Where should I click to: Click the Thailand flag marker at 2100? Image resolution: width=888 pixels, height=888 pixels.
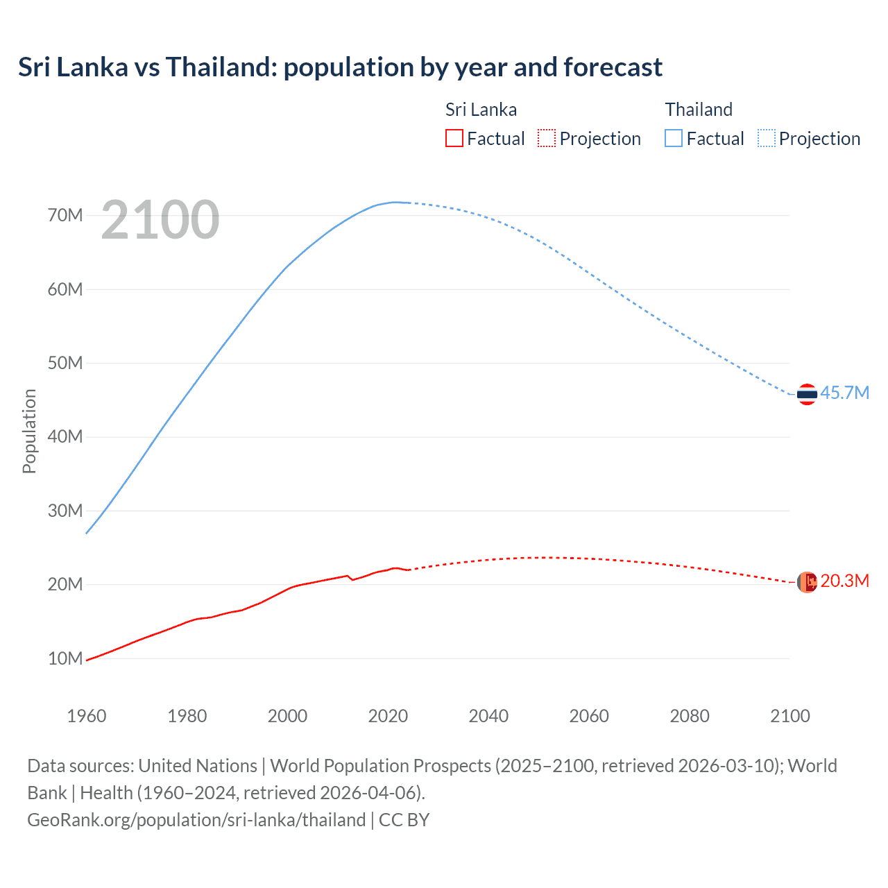coord(807,394)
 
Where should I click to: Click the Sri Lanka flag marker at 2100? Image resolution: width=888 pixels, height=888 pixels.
coord(807,582)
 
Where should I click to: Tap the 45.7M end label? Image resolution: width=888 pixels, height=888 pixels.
coord(844,393)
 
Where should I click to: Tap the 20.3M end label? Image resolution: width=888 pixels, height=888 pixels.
coord(844,581)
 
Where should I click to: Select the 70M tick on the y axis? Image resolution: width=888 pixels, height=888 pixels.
coord(65,215)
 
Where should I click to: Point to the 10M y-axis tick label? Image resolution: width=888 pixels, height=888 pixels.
coord(65,658)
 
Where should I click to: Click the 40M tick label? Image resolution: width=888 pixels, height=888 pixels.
coord(65,436)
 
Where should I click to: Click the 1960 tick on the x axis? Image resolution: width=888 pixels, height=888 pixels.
coord(87,715)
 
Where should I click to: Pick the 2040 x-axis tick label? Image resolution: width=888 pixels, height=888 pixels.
coord(488,715)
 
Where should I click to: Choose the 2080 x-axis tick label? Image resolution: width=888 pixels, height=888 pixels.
coord(690,715)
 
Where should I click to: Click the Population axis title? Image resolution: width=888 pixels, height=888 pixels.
coord(29,431)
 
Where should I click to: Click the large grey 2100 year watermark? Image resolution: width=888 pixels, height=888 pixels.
coord(160,220)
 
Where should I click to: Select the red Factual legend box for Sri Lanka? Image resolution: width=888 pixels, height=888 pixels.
coord(454,138)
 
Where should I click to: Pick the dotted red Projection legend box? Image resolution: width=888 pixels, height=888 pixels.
coord(547,138)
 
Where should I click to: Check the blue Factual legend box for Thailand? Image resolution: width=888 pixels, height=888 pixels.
coord(674,138)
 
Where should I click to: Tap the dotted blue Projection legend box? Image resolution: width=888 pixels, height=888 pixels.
coord(767,138)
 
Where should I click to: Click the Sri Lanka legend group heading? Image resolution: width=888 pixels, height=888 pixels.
coord(481,110)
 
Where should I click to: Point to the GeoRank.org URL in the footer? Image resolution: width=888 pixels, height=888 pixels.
coord(196,819)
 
